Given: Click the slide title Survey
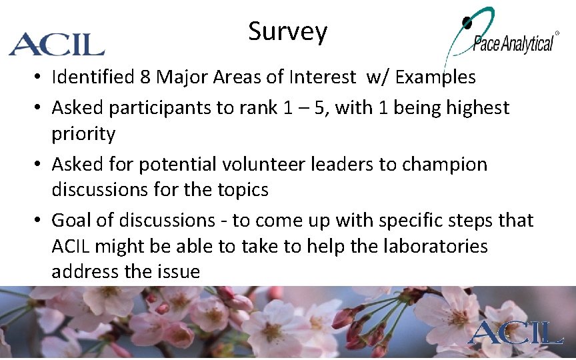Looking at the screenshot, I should coord(287,31).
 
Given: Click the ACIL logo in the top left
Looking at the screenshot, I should coord(57,44).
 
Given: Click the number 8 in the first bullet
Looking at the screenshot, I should coord(145,77).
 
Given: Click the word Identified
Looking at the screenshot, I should coord(93,77).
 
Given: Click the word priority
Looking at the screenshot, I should coord(83,134).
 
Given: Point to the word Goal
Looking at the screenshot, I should coord(73,220).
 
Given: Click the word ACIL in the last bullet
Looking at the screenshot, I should coord(71,246).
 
